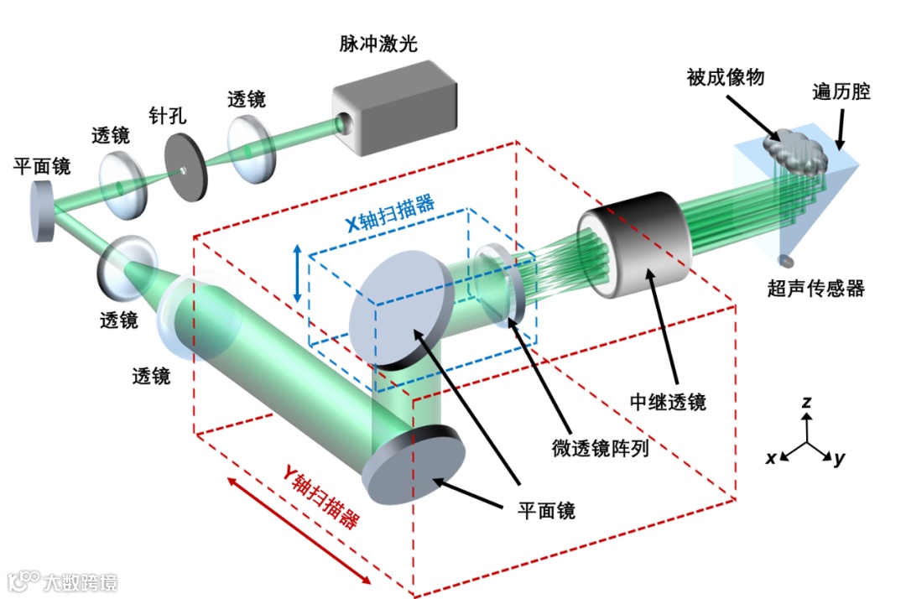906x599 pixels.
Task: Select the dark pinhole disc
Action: (x=185, y=170)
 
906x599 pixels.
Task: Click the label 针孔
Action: (x=168, y=116)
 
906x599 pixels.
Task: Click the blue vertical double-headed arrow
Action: (x=298, y=273)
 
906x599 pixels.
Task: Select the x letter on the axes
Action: (x=770, y=457)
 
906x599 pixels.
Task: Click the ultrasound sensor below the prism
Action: (x=784, y=260)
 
